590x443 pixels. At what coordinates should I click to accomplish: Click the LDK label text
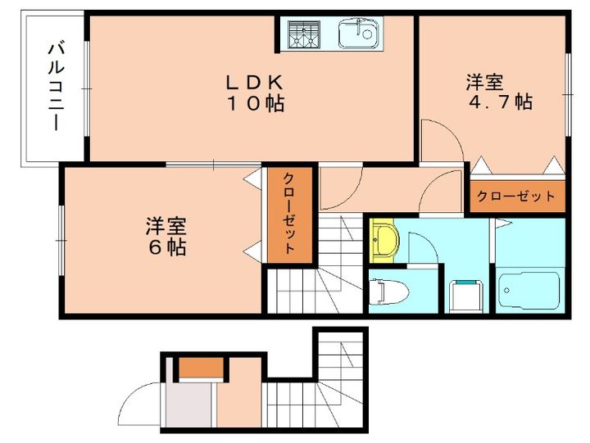click(x=255, y=82)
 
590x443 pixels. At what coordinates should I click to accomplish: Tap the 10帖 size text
click(x=255, y=103)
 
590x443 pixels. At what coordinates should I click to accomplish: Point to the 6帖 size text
click(x=166, y=246)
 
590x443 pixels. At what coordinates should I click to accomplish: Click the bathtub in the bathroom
click(x=529, y=287)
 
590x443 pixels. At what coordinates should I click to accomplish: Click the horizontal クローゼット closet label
click(x=516, y=197)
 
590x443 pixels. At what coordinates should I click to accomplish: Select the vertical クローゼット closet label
click(x=289, y=214)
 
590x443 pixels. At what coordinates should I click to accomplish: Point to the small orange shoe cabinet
click(x=199, y=368)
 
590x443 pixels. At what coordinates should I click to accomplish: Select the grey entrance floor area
click(x=190, y=405)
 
